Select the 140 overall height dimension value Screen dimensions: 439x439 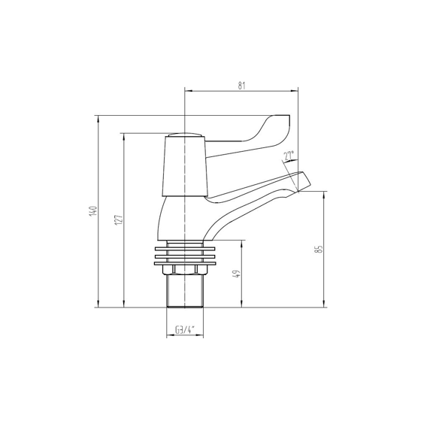[92, 212]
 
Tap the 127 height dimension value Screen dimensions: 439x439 [117, 220]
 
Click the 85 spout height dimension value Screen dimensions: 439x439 [319, 249]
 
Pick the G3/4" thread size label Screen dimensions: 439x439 [184, 330]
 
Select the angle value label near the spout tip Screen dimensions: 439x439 [289, 156]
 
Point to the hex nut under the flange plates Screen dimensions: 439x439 [184, 269]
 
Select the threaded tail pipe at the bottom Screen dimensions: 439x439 [184, 293]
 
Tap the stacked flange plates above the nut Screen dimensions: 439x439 [184, 254]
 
